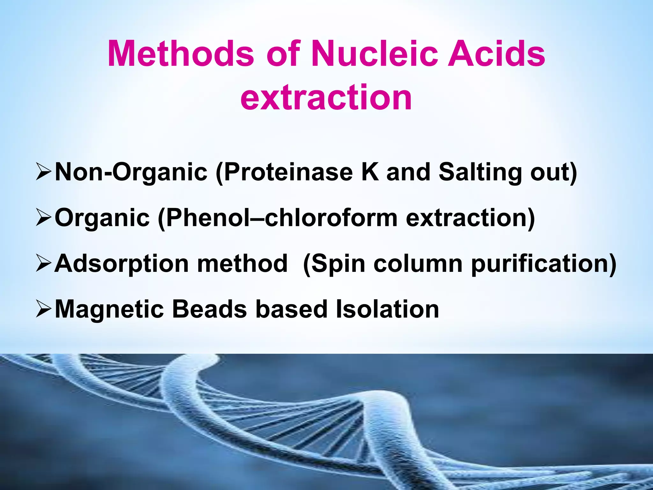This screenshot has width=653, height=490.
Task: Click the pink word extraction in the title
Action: [x=326, y=97]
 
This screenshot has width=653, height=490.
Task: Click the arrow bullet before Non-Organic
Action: [x=43, y=172]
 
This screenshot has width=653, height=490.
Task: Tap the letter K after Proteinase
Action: [x=370, y=172]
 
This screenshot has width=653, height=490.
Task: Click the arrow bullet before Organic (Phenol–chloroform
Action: [x=43, y=218]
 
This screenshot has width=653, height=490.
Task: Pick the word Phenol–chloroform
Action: [x=277, y=218]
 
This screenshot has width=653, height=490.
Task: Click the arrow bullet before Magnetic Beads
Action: [x=43, y=309]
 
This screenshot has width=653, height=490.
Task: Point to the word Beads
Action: [x=209, y=309]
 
